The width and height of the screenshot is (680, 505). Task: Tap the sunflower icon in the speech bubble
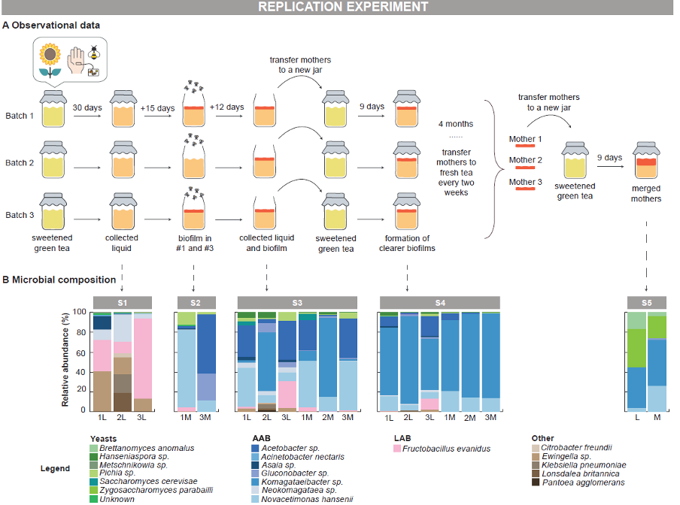(x=51, y=59)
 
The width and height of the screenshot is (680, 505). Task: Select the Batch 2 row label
(x=20, y=162)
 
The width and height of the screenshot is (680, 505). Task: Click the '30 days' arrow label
(x=87, y=107)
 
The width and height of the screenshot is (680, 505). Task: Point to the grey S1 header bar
(x=122, y=302)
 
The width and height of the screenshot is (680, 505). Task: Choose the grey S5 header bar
(x=646, y=302)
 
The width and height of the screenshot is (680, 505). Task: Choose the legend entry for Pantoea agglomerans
(x=576, y=482)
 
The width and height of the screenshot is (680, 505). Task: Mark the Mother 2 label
(x=525, y=159)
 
